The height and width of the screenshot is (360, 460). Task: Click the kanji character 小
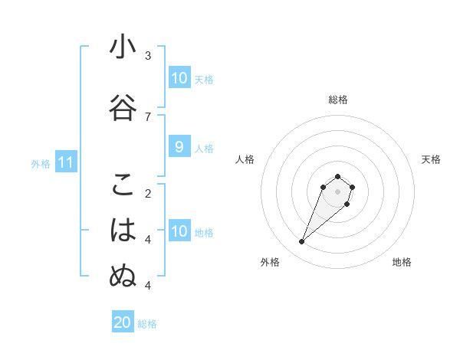(123, 47)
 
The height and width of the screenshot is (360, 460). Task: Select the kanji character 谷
(123, 108)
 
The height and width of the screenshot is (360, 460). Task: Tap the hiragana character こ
(123, 185)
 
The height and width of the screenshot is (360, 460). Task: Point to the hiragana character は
(123, 231)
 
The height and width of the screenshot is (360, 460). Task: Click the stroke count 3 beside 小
(148, 56)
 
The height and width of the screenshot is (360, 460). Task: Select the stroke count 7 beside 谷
(148, 116)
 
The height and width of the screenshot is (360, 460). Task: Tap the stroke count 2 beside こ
(148, 193)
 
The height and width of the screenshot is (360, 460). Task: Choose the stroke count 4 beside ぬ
(148, 285)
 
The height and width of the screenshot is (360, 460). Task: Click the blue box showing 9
(179, 148)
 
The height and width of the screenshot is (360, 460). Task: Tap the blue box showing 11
(65, 162)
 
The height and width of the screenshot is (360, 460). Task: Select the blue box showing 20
(123, 322)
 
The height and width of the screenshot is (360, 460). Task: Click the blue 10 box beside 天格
(179, 78)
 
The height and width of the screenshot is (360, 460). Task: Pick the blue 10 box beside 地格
(179, 231)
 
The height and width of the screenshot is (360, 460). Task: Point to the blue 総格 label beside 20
(147, 324)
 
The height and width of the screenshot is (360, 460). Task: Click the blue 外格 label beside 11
(40, 164)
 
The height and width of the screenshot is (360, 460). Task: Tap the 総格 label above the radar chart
(337, 100)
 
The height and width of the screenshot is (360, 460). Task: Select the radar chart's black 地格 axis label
(402, 262)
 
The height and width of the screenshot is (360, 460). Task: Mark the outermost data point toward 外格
(302, 242)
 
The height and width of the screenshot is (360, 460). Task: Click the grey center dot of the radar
(337, 191)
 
